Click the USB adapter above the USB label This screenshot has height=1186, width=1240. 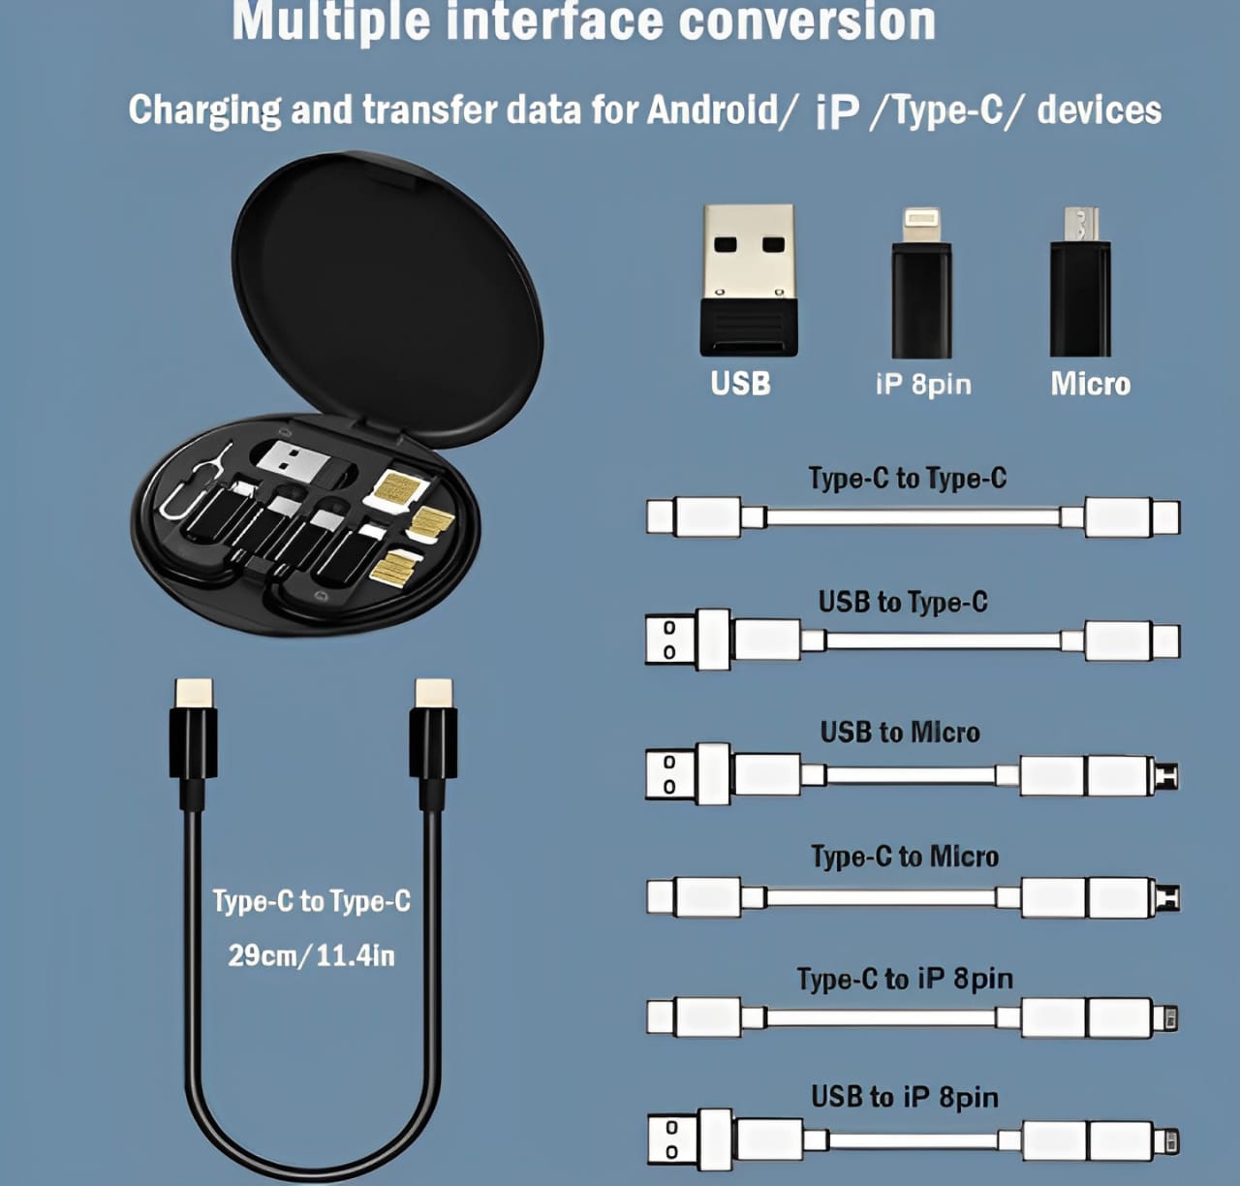[x=748, y=279]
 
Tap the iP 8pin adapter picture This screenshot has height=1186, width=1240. [x=921, y=283]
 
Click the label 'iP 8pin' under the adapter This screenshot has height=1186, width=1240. [x=923, y=385]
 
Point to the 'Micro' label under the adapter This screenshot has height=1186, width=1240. [x=1091, y=385]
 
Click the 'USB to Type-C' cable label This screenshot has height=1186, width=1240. [x=903, y=603]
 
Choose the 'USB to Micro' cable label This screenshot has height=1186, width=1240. [x=900, y=733]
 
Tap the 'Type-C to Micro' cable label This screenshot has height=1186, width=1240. [x=905, y=857]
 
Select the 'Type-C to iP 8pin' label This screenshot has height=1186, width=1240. [x=905, y=980]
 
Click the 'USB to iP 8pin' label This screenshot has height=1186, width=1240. [x=905, y=1098]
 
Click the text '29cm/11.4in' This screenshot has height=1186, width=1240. [x=311, y=956]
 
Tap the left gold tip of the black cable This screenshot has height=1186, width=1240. [x=194, y=693]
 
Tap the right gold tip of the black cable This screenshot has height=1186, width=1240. [x=433, y=693]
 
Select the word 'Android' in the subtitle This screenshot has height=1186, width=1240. [x=712, y=109]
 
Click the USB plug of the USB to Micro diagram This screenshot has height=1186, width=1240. [x=687, y=774]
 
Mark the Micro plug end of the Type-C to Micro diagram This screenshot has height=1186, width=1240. [x=1166, y=897]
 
